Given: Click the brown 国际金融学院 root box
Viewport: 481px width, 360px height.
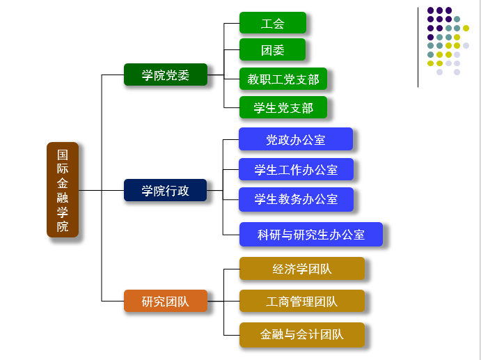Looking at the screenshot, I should point(63,189).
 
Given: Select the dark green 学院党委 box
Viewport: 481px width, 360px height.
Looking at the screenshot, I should point(166,75).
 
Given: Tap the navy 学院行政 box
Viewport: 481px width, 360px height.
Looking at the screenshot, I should point(166,190).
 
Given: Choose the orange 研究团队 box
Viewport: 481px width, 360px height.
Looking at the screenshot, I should point(166,301).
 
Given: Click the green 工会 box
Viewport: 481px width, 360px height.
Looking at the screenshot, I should point(273,23).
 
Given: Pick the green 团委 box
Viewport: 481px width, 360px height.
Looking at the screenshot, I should point(273,50).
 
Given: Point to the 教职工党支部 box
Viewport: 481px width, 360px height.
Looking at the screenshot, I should point(283,79).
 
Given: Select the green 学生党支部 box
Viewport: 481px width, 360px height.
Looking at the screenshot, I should point(283,108).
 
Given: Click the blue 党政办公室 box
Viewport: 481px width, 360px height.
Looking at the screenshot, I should point(296,139).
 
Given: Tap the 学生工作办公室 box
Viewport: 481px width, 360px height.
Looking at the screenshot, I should point(296,169).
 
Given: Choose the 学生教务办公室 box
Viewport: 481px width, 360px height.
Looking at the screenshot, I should point(296,199).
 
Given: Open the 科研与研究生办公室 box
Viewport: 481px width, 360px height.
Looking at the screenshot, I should point(311,235).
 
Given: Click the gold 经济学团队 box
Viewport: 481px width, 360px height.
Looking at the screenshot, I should point(302,269).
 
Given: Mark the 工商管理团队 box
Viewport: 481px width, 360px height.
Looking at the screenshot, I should point(302,302).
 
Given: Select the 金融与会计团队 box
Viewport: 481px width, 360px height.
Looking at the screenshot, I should point(302,334).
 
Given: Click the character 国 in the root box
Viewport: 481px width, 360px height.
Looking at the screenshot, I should point(63,154).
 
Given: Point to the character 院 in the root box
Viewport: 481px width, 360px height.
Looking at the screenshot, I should point(63,226).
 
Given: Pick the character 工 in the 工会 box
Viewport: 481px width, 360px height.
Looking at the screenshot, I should point(267,23).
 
